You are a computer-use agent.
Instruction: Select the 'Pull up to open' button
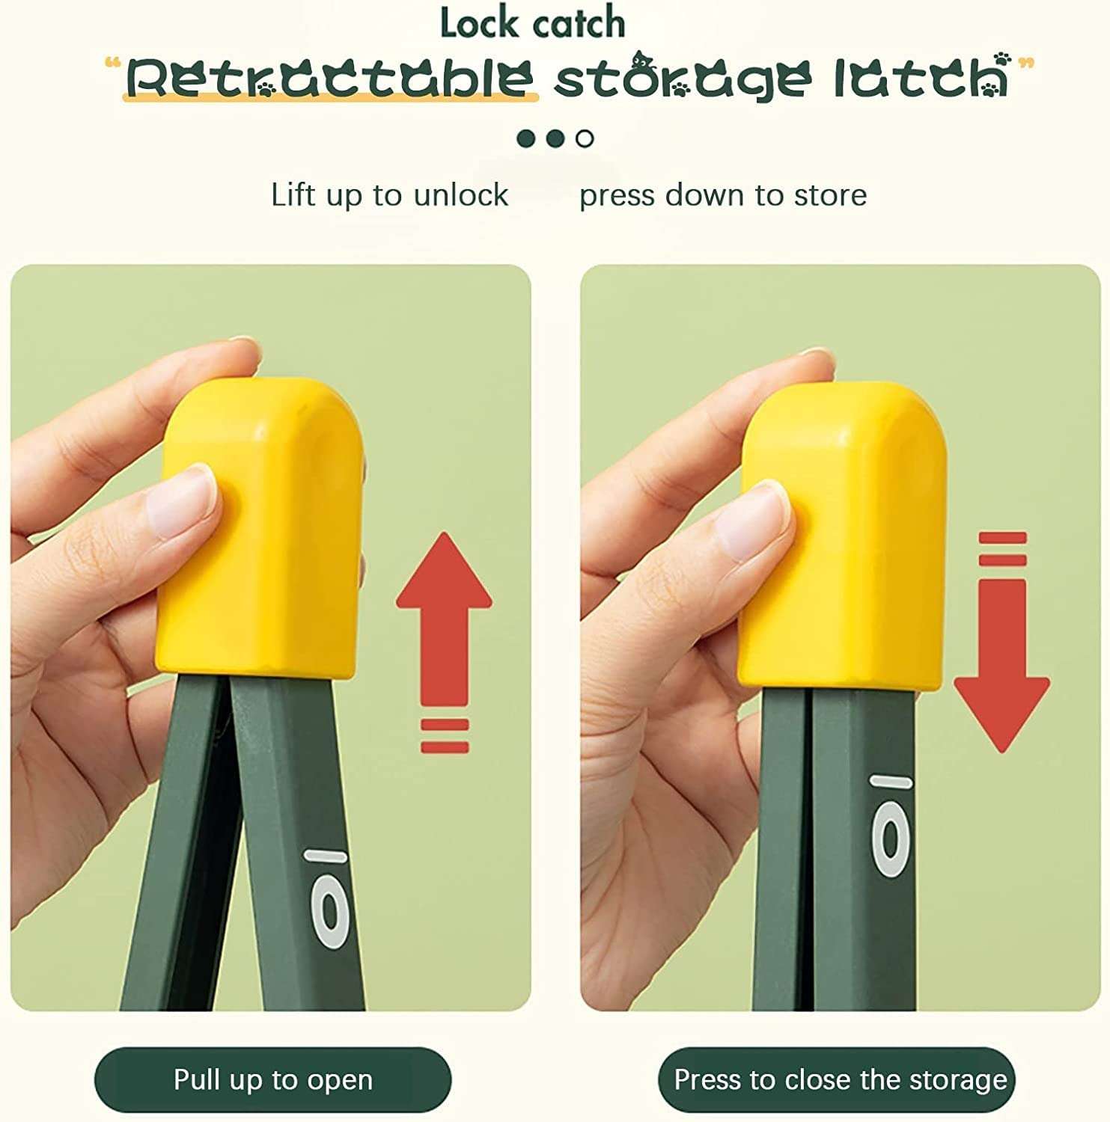click(273, 1080)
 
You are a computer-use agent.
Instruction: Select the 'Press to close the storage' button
click(837, 1080)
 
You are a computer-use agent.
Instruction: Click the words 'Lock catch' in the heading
click(532, 23)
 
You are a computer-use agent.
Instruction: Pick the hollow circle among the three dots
click(585, 138)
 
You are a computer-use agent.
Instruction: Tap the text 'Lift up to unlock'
click(389, 195)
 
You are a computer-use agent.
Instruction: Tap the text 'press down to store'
click(723, 195)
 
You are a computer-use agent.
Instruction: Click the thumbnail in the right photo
click(752, 521)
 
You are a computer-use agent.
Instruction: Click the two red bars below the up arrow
click(445, 735)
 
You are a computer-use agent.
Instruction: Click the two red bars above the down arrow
click(1002, 549)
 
